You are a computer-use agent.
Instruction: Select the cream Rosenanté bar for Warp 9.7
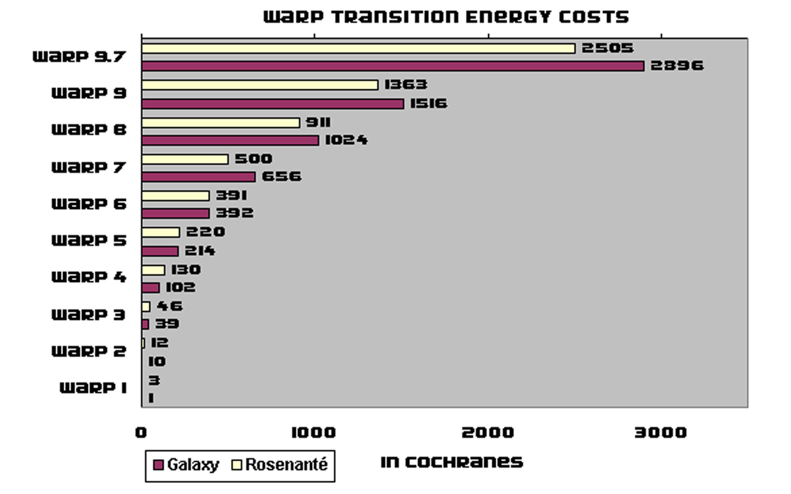pos(358,48)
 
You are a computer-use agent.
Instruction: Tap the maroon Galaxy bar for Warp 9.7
pos(393,66)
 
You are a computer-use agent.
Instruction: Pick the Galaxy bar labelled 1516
pos(272,104)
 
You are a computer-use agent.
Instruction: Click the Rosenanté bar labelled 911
pos(221,123)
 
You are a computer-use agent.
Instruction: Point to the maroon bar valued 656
pos(198,177)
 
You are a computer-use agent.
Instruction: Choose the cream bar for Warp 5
pos(160,232)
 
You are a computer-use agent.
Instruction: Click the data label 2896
pos(677,66)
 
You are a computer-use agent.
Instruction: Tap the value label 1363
pos(406,85)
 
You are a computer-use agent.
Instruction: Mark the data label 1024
pos(346,140)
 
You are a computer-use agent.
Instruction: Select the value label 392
pos(234,213)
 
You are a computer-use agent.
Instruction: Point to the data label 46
pos(169,306)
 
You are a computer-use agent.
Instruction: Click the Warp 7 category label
pos(89,167)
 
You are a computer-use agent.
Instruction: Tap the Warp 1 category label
pos(93,388)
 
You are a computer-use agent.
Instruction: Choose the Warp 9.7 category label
pos(79,57)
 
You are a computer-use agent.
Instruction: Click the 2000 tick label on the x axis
pos(487,433)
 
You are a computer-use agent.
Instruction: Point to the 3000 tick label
pos(660,433)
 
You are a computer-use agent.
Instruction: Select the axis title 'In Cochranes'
pos(452,462)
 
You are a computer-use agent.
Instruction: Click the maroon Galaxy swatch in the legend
pos(158,465)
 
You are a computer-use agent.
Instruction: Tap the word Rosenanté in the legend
pos(286,465)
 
